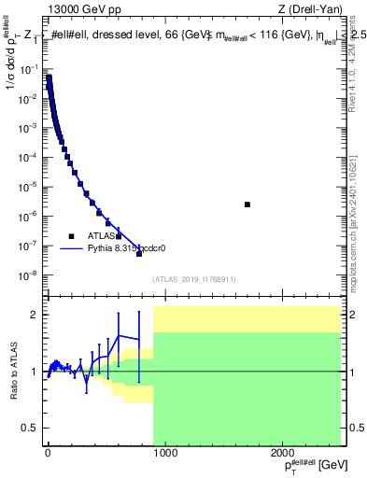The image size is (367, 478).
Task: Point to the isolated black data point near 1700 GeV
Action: pos(247,204)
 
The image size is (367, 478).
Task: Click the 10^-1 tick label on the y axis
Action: pos(28,69)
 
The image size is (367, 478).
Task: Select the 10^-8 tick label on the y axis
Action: pos(28,275)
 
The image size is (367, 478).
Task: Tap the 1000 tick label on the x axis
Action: pos(164,454)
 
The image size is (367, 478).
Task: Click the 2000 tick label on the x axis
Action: pos(283,454)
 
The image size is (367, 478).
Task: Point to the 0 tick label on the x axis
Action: pos(47,454)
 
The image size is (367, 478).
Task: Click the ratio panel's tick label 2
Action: pos(34,316)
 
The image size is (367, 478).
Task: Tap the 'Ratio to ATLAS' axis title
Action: pos(12,373)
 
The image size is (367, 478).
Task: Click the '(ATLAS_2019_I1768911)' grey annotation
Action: pos(193,278)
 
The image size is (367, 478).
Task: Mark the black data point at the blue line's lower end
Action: pos(139,253)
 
